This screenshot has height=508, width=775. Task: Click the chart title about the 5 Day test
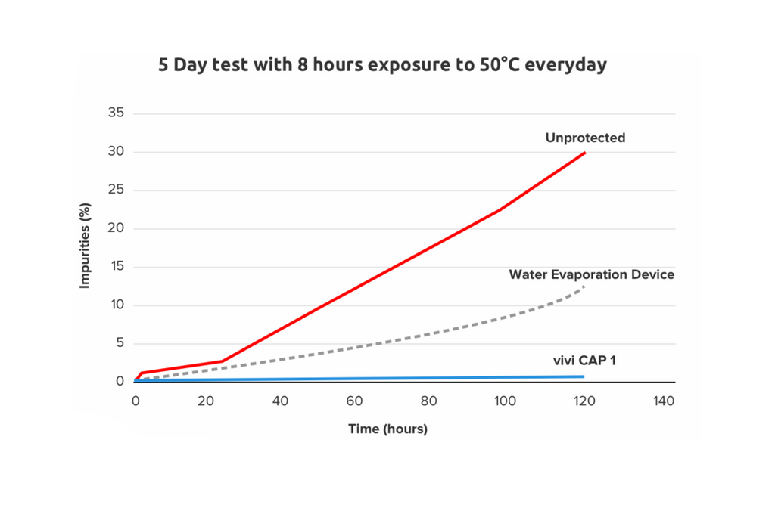tap(382, 65)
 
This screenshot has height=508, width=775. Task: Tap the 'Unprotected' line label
tap(585, 138)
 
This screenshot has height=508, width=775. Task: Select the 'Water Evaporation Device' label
tap(591, 274)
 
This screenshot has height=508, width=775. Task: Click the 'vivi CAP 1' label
tap(584, 361)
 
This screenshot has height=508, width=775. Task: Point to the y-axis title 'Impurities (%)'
tap(86, 245)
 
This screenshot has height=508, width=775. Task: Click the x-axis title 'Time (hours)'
tap(387, 429)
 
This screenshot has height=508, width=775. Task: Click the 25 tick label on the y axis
tap(117, 190)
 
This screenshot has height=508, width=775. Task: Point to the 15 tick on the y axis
tap(117, 267)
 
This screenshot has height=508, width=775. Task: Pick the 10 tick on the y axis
tap(117, 305)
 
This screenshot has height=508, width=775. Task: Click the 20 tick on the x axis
tap(208, 402)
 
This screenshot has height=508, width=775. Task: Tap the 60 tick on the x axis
tap(355, 402)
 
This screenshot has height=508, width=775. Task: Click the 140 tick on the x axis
tap(663, 402)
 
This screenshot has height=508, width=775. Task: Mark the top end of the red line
tap(585, 153)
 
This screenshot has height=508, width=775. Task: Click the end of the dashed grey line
tap(584, 286)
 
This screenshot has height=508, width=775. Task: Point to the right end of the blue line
tap(584, 376)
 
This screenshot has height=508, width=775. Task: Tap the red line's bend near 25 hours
tap(223, 361)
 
